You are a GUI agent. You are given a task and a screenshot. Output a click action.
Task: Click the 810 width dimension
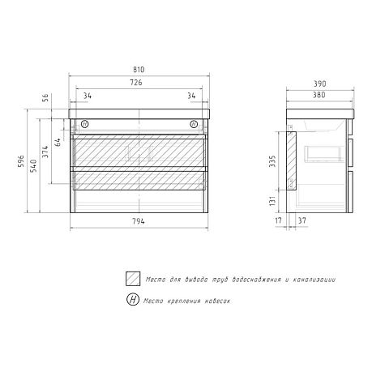139,70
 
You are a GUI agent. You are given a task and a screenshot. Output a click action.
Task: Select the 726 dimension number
136,83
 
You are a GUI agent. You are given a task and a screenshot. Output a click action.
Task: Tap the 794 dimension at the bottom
139,221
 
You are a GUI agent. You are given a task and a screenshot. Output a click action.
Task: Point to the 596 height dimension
21,161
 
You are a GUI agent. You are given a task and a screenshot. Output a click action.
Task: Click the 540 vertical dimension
33,166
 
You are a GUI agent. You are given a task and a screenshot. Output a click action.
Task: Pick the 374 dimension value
45,152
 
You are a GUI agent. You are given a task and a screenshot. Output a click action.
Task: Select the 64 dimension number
58,142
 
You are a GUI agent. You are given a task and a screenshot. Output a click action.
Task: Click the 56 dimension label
45,97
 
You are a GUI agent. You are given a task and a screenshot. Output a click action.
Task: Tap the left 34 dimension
88,96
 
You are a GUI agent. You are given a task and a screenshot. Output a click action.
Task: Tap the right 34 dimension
191,96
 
